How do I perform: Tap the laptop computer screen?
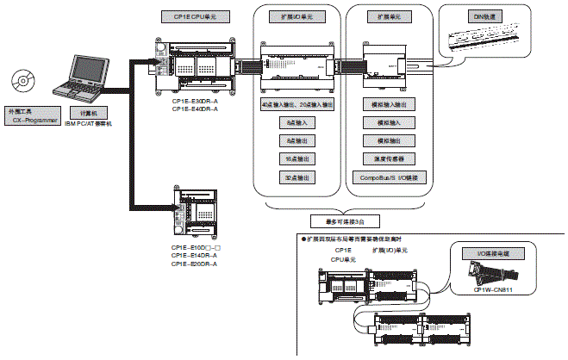[90, 71]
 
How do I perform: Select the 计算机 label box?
[88, 113]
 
